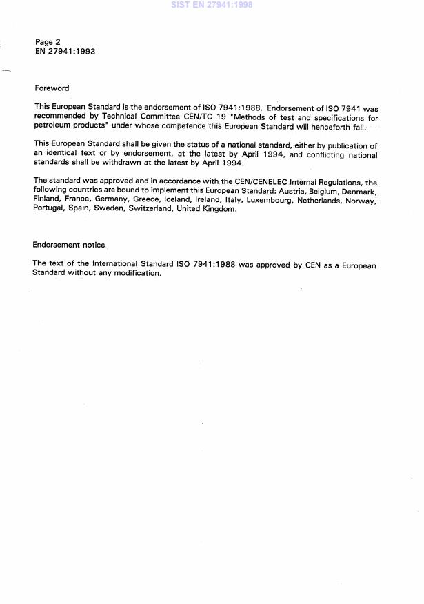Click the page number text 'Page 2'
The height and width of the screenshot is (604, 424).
[48, 42]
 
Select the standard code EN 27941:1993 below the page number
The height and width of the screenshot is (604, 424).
[65, 52]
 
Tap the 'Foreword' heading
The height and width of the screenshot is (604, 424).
[52, 88]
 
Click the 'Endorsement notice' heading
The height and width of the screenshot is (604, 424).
[69, 245]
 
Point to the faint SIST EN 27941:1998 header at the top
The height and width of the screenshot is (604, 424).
[211, 5]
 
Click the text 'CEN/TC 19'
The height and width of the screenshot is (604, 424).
[207, 118]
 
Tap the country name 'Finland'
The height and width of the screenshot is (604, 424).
[48, 200]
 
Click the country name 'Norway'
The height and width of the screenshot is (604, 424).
[359, 200]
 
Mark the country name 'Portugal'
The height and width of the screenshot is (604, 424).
[50, 210]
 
